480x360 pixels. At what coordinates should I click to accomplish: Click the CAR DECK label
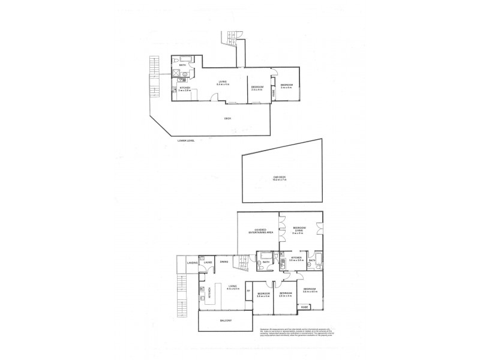tap(278, 178)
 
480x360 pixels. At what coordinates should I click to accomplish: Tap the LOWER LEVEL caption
tap(186, 140)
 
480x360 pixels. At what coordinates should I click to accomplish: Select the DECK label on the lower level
tap(227, 118)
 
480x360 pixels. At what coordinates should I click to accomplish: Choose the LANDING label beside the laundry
tap(192, 263)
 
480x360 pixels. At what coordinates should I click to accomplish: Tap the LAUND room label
tap(208, 263)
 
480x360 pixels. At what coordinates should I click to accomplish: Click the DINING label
tap(225, 262)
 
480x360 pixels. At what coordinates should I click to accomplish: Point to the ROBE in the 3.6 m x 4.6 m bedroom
tap(305, 308)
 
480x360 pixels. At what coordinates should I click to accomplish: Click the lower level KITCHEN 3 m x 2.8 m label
tap(184, 89)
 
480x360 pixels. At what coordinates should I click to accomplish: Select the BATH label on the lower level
tap(182, 65)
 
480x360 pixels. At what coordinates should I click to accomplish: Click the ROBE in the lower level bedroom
tap(274, 91)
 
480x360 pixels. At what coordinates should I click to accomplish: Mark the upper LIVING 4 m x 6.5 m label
tap(233, 288)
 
